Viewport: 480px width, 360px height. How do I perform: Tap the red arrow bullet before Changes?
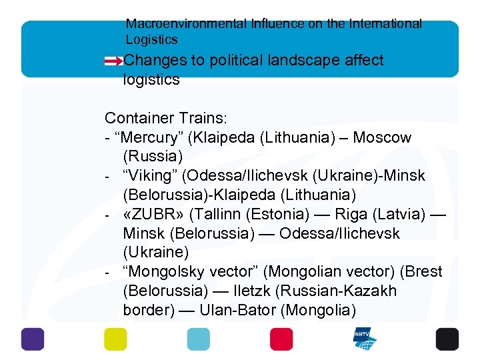coord(114,61)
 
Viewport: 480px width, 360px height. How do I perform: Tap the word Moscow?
coord(382,138)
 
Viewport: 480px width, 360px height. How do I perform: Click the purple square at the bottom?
coord(32,339)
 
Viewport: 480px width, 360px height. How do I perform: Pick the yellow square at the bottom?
coord(115,339)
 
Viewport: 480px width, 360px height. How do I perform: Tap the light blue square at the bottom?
coord(198,339)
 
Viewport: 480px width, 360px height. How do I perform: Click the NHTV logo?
coord(365,339)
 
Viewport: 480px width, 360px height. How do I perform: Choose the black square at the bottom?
coord(447,339)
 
